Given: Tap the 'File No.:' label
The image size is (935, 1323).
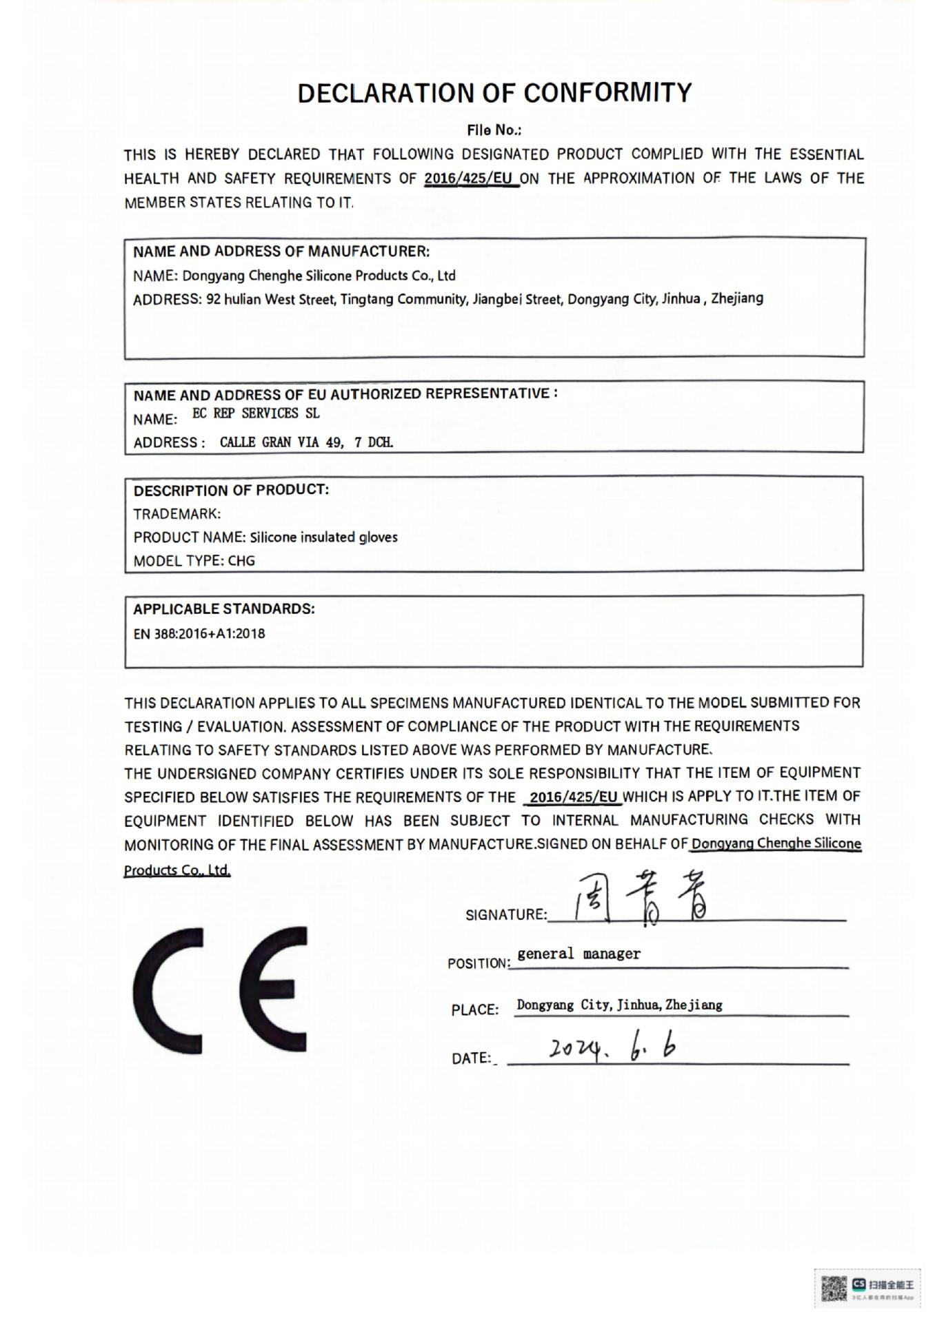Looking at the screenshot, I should (x=494, y=130).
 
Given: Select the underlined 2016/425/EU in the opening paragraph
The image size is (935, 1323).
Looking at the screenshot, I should (x=472, y=178).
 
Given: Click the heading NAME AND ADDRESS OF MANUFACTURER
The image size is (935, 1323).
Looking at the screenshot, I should (x=281, y=251).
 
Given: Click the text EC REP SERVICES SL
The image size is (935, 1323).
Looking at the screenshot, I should (x=256, y=413).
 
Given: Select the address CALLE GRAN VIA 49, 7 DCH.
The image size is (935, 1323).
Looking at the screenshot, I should (x=307, y=442).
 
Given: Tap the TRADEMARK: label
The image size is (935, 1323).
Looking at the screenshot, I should (x=177, y=514).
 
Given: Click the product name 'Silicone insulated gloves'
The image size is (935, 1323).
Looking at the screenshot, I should (x=323, y=537).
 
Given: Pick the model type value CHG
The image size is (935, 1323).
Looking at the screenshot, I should (x=241, y=561).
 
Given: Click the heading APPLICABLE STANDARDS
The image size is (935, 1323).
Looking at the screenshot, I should (x=224, y=609).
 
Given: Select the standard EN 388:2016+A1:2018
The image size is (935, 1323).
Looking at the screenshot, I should (x=199, y=634).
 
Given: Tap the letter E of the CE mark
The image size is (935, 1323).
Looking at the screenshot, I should (x=274, y=989).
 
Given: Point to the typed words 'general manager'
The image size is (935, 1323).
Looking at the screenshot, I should (x=579, y=954).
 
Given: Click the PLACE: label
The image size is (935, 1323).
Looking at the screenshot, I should (x=475, y=1010).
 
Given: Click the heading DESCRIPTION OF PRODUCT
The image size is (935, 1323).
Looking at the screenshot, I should (x=231, y=491).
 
